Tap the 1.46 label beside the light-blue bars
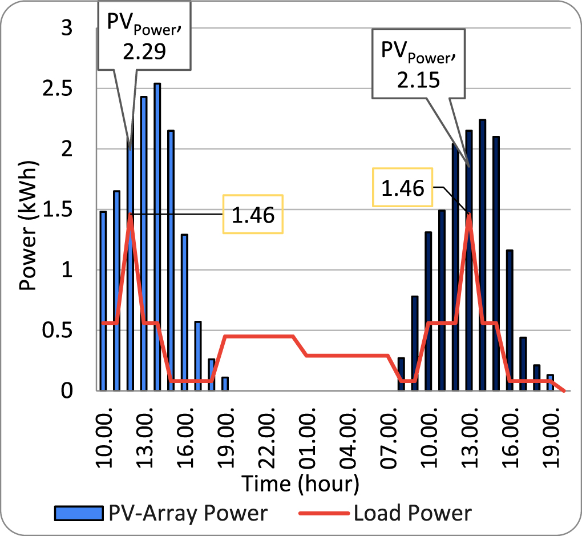click(x=252, y=215)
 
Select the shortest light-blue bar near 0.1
click(x=225, y=384)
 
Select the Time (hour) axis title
click(x=300, y=484)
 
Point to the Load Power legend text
click(x=413, y=513)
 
